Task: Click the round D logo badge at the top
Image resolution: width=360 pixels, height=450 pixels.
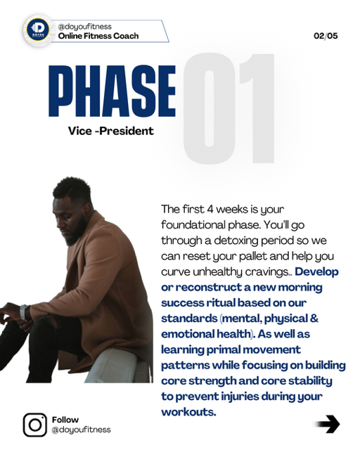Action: [x=37, y=30]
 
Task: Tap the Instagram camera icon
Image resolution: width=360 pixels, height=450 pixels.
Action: [x=34, y=425]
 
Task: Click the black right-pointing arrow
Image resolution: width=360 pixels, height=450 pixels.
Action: [x=328, y=424]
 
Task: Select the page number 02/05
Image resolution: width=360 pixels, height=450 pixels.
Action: [x=326, y=36]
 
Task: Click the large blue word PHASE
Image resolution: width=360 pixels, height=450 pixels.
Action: [x=112, y=91]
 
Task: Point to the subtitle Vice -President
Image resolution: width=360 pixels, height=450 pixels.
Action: [x=111, y=131]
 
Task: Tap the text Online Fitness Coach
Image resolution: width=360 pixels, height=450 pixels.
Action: [x=98, y=36]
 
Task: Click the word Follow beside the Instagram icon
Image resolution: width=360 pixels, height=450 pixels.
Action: [x=65, y=420]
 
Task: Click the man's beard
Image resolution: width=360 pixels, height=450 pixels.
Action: [x=76, y=233]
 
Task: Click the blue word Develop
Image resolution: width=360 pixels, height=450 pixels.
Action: [x=316, y=272]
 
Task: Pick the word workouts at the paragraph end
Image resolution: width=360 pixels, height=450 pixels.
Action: [x=188, y=412]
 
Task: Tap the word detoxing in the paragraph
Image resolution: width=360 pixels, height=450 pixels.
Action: [x=236, y=240]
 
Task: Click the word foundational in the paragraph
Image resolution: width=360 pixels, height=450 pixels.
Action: [x=193, y=225]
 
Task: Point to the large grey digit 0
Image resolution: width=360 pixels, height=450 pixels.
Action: [x=210, y=108]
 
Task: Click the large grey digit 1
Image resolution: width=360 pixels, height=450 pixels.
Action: [x=258, y=108]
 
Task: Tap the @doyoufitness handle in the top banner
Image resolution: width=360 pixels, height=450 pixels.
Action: [x=84, y=27]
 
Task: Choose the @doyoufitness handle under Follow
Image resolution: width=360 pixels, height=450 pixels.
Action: [x=82, y=430]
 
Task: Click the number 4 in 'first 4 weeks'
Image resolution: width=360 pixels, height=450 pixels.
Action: [x=210, y=210]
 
